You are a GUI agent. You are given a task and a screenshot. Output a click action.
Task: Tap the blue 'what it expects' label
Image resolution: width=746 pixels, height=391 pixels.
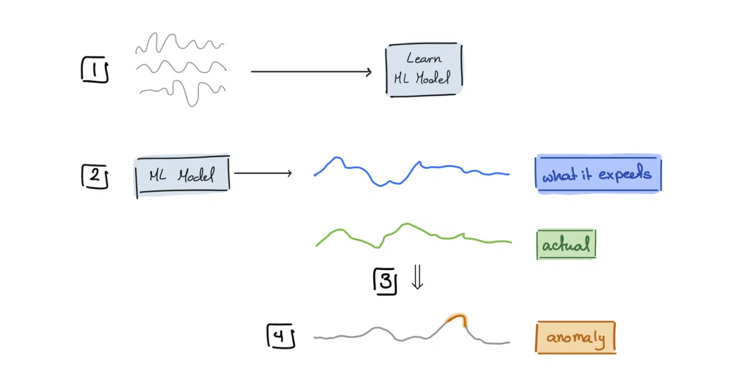[x=598, y=174]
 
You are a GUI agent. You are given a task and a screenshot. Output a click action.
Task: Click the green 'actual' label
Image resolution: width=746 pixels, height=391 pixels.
[x=566, y=245]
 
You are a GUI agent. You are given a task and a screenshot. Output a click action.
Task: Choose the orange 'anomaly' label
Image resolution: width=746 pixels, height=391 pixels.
[x=576, y=337]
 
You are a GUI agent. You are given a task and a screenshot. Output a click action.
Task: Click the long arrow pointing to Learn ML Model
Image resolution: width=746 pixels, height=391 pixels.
[x=311, y=71]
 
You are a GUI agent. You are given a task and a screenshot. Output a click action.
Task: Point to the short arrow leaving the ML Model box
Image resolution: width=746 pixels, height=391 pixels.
[x=263, y=173]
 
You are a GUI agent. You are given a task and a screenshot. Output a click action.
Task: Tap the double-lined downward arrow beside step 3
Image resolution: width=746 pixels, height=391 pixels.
[x=417, y=277]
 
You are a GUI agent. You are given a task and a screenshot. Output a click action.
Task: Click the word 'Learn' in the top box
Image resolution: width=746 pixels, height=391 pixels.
[x=424, y=58]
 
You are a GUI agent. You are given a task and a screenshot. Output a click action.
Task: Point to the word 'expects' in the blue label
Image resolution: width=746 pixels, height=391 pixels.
[x=625, y=174]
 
